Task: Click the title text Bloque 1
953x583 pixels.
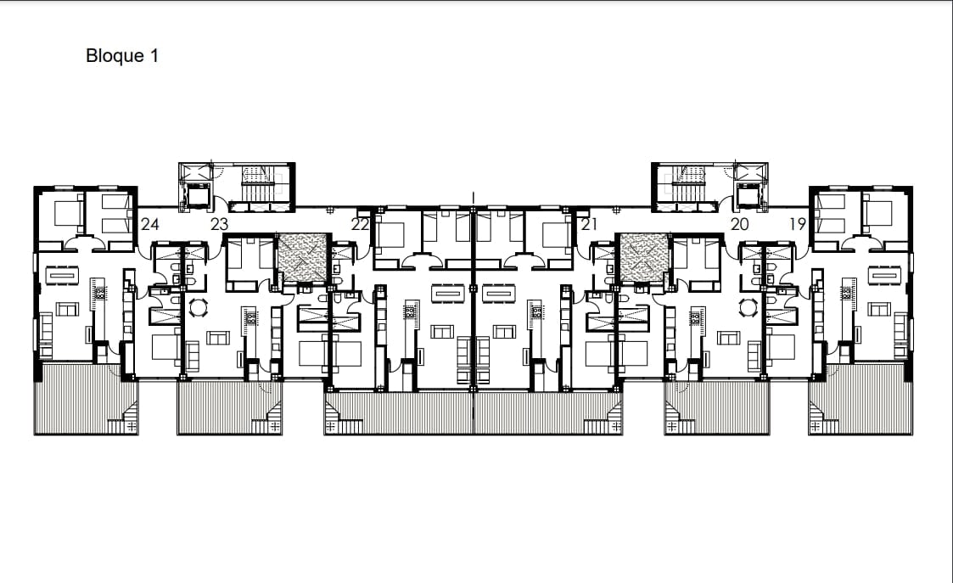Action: click(122, 56)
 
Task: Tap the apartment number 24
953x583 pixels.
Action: click(150, 224)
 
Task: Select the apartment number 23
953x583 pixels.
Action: click(219, 224)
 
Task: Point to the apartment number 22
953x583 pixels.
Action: click(360, 224)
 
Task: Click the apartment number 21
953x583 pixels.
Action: click(589, 224)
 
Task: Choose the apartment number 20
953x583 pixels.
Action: click(740, 224)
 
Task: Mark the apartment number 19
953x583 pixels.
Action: click(798, 224)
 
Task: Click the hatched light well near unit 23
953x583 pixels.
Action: click(303, 258)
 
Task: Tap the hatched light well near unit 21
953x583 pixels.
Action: click(644, 258)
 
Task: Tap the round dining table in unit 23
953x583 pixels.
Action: click(198, 308)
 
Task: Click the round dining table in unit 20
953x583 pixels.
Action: click(748, 308)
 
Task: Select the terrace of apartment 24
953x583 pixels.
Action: click(87, 399)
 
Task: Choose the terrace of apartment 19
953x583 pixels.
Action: click(861, 399)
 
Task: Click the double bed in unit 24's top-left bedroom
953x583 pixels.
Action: click(65, 213)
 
